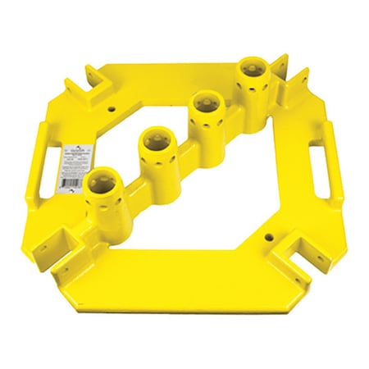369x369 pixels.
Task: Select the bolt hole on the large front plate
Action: [266, 236]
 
